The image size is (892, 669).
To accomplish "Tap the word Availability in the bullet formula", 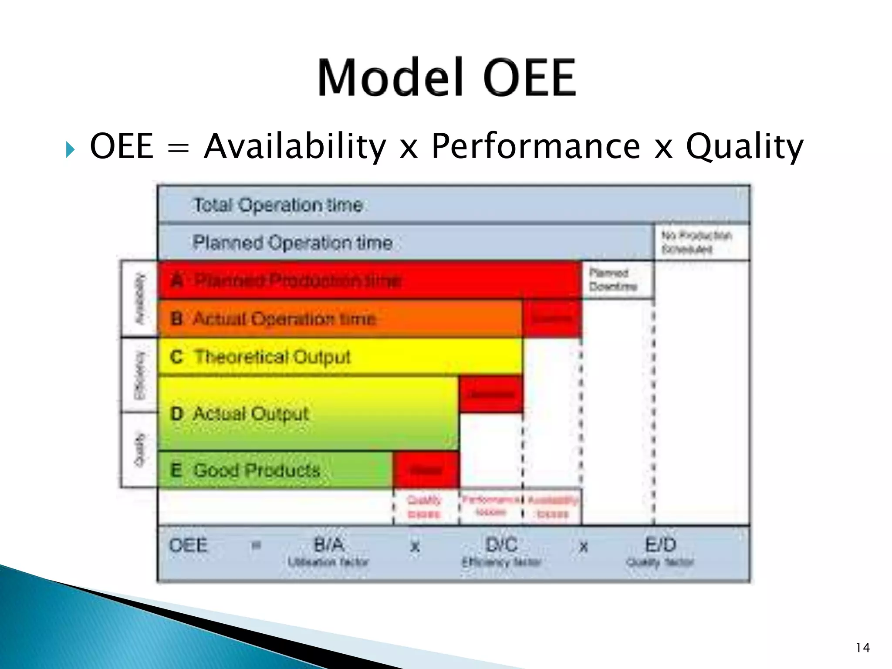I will [x=295, y=146].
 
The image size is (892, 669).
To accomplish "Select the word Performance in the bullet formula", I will [x=535, y=146].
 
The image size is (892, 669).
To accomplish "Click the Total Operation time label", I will [x=278, y=205].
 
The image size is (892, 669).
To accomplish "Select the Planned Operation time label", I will [x=292, y=243].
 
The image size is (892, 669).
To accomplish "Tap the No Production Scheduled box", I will [x=701, y=242].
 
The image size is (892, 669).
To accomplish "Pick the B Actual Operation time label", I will [x=274, y=319].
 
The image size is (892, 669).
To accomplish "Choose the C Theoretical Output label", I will [x=260, y=357].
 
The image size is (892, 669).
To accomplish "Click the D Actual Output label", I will [x=240, y=413].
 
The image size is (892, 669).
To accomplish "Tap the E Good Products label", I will [x=245, y=470].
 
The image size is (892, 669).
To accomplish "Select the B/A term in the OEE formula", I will [x=329, y=545].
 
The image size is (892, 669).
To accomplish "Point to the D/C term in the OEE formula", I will [x=501, y=545].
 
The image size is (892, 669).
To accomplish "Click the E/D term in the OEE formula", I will [x=660, y=545].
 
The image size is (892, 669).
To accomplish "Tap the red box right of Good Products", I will [x=426, y=470].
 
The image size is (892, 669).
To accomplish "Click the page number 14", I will [x=862, y=648].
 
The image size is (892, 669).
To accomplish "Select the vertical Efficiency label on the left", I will [x=139, y=375].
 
